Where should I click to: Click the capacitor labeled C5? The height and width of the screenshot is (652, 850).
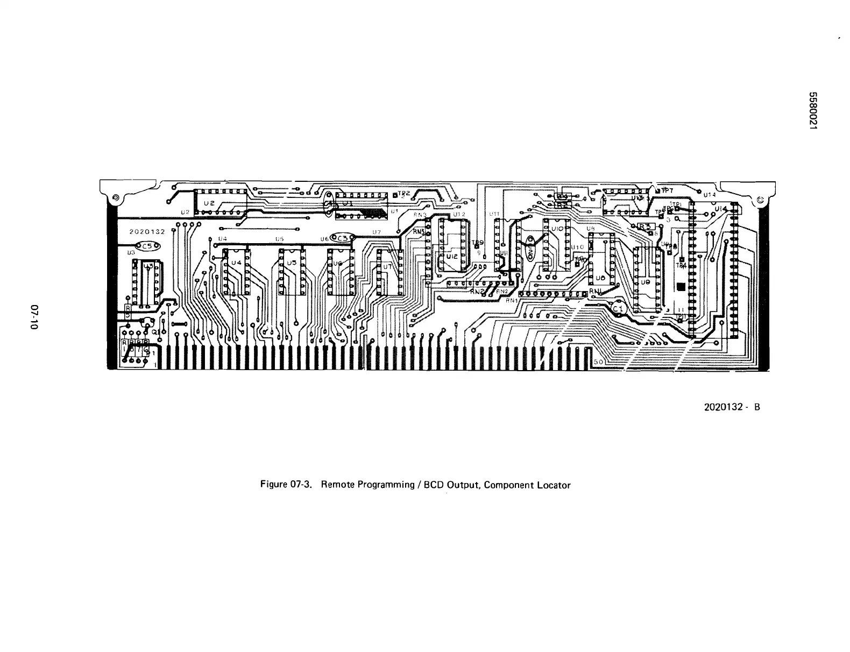point(148,246)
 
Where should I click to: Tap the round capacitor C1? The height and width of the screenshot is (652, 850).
point(617,308)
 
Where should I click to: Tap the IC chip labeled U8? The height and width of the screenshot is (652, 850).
point(602,265)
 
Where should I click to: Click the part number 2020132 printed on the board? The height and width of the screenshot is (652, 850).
point(148,232)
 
